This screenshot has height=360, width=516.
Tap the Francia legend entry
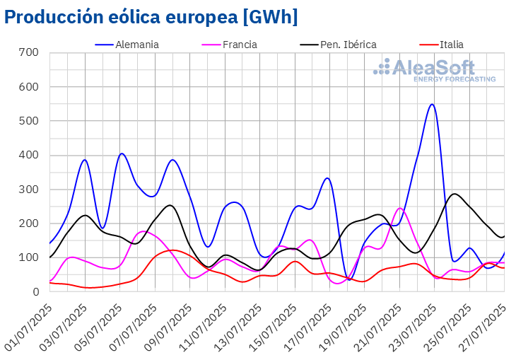pyautogui.click(x=240, y=45)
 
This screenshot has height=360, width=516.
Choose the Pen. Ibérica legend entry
pyautogui.click(x=348, y=45)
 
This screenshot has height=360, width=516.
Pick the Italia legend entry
pyautogui.click(x=452, y=45)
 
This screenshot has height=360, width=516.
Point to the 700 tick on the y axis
pyautogui.click(x=29, y=53)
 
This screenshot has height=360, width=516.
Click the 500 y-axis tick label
pyautogui.click(x=29, y=121)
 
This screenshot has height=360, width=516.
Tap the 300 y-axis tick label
pyautogui.click(x=29, y=190)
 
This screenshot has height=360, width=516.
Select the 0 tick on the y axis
pyautogui.click(x=35, y=291)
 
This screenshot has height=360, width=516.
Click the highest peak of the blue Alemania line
pyautogui.click(x=432, y=105)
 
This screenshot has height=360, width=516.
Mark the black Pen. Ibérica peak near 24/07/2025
pyautogui.click(x=455, y=194)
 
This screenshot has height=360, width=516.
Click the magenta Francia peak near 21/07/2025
pyautogui.click(x=400, y=208)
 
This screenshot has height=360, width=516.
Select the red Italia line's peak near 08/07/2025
pyautogui.click(x=170, y=250)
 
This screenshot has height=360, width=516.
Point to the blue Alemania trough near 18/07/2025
pyautogui.click(x=350, y=280)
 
